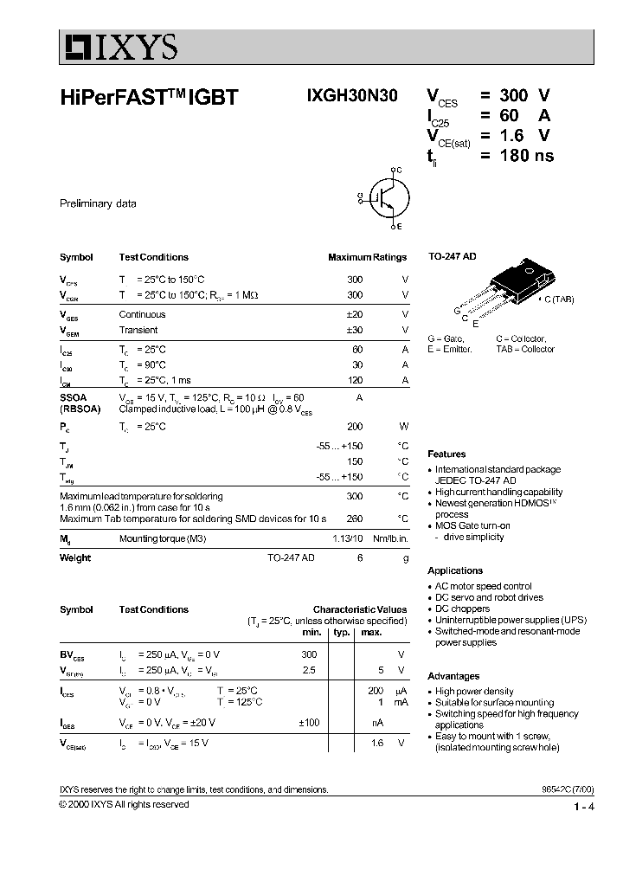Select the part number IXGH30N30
[351, 97]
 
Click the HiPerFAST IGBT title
[148, 99]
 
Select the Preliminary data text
[98, 204]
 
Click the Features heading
[446, 454]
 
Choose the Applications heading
[455, 570]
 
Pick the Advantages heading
[453, 676]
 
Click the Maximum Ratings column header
[367, 257]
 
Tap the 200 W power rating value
[355, 427]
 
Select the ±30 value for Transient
[355, 330]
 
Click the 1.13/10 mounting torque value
[349, 539]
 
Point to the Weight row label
[75, 557]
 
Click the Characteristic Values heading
[359, 609]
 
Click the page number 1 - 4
[583, 808]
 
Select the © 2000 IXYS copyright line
[124, 804]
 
